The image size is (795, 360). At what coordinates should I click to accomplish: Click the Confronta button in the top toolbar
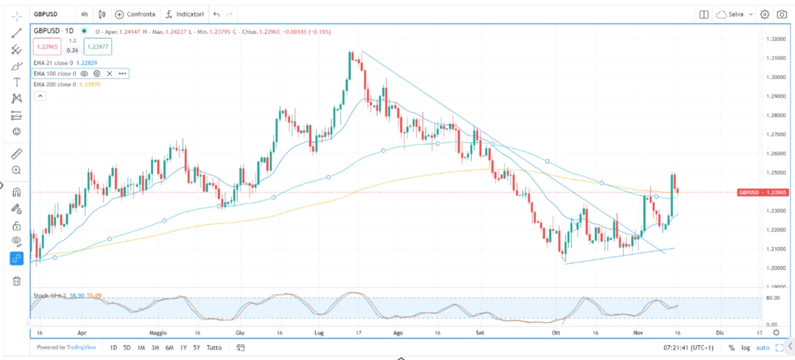[x=135, y=14]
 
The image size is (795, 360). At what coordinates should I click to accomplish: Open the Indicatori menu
[x=184, y=14]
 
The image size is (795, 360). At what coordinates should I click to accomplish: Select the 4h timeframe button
[x=84, y=14]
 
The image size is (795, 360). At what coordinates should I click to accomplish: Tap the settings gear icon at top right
[x=764, y=14]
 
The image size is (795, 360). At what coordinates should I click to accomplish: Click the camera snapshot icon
[x=782, y=14]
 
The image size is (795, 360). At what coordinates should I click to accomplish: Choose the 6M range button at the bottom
[x=169, y=348]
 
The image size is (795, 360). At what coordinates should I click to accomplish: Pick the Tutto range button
[x=214, y=348]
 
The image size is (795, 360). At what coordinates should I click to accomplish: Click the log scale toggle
[x=746, y=348]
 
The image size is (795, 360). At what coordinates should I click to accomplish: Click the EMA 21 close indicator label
[x=52, y=62]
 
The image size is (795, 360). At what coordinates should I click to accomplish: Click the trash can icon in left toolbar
[x=17, y=281]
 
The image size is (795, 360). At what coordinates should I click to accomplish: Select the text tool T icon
[x=17, y=82]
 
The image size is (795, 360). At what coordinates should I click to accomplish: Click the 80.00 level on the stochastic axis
[x=773, y=298]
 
